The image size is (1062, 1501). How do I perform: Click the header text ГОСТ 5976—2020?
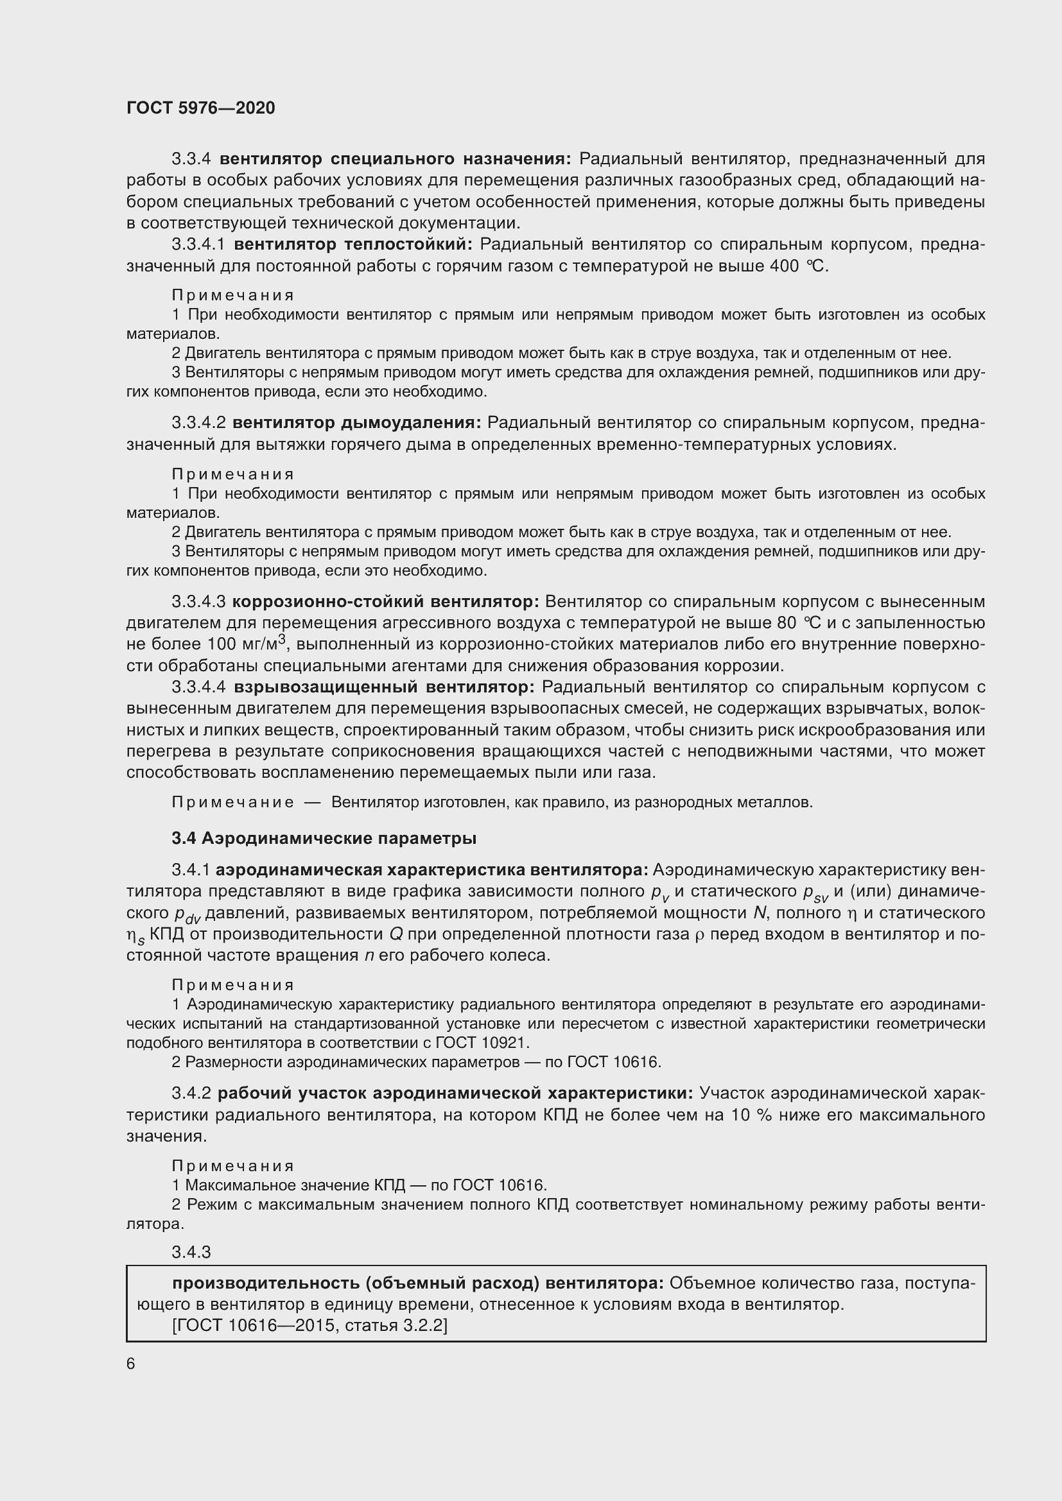pos(201,108)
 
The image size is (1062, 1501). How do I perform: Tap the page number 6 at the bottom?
pos(131,1364)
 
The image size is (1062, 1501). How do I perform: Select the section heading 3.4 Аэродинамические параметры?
pos(324,838)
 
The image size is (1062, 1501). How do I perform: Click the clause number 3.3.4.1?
pos(198,244)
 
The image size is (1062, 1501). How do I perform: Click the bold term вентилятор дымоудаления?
pos(357,423)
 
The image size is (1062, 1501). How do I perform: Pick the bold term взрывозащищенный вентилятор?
pos(384,687)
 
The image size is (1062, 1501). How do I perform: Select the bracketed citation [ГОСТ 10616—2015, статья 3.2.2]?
pos(309,1326)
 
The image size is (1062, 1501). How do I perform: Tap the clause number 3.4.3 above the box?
pos(191,1252)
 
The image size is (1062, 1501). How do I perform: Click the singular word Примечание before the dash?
pos(232,802)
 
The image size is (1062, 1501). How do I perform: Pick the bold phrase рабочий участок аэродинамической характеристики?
pos(455,1093)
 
